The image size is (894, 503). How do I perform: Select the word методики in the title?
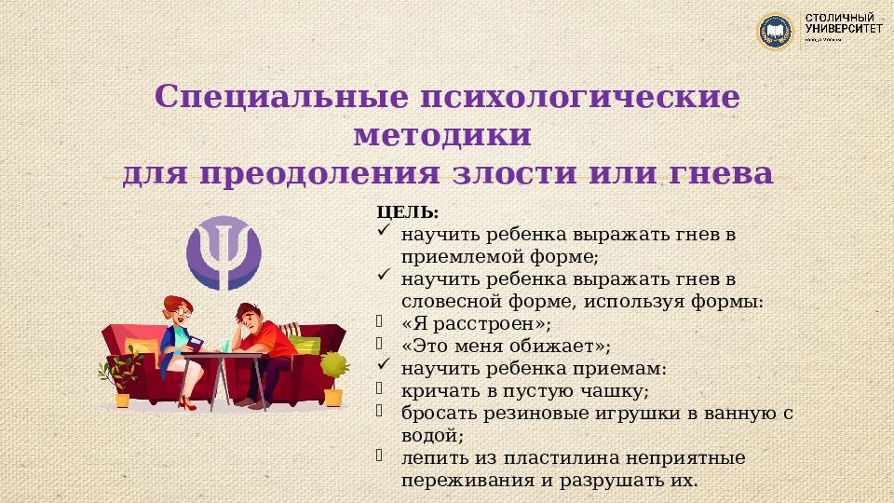(443, 135)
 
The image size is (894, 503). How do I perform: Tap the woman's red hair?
(171, 305)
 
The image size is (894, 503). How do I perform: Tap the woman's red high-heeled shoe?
(187, 402)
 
